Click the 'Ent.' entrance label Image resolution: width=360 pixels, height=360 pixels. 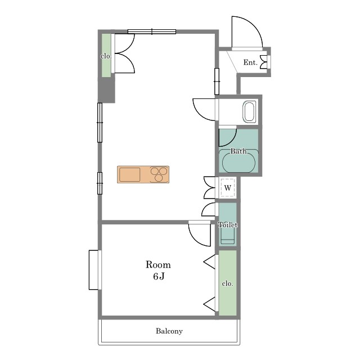tap(250, 62)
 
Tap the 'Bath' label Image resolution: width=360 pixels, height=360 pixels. tap(238, 151)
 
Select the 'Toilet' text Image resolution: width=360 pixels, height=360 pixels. tap(228, 224)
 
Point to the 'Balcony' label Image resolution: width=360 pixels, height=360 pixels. tap(169, 331)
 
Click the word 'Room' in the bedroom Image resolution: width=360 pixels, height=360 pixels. tap(158, 265)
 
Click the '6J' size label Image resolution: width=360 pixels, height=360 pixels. tap(159, 276)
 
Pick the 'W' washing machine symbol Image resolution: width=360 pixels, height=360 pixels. tap(227, 188)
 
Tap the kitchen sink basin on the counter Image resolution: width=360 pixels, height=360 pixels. tap(130, 174)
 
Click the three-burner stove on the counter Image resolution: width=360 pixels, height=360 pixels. tap(159, 174)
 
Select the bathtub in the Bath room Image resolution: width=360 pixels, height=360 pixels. tap(238, 161)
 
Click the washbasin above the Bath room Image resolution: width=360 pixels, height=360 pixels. tap(249, 111)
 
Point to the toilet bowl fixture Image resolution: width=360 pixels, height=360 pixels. tap(227, 235)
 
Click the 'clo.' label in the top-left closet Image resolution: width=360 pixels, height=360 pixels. tap(106, 56)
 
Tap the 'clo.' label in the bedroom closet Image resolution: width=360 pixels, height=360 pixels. tap(227, 283)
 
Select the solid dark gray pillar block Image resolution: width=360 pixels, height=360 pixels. tap(106, 90)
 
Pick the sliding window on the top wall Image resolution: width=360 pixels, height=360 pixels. tap(152, 31)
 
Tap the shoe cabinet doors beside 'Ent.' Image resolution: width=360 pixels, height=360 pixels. tap(264, 62)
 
